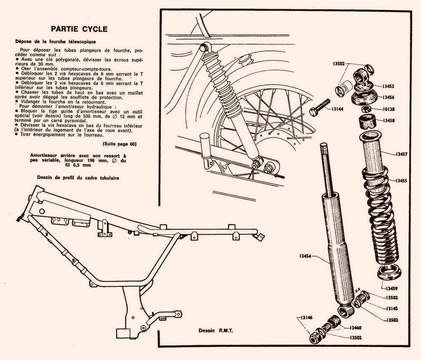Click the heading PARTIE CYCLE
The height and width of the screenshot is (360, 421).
pos(79,29)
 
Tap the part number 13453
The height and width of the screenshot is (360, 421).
pos(388,86)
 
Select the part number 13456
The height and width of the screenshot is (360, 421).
pos(389,97)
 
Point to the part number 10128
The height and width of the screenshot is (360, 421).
pos(389,109)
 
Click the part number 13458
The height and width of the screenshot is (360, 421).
pos(389,121)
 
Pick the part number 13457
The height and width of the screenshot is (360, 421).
pos(401,154)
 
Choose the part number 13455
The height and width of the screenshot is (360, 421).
pos(401,180)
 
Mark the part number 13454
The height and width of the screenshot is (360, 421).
pos(305,256)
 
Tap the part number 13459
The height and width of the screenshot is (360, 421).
pos(392,289)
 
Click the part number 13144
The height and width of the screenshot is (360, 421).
pos(337,109)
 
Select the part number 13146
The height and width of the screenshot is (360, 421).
pos(306,318)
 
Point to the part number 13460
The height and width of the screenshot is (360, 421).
pos(355,328)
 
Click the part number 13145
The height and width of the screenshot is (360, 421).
pos(392,309)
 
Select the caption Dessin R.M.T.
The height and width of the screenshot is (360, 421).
pos(216,331)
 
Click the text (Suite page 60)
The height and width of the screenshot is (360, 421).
pos(120,144)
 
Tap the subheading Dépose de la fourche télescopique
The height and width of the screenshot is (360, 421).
pos(56,42)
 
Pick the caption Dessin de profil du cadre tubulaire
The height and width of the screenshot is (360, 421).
pos(78,177)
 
